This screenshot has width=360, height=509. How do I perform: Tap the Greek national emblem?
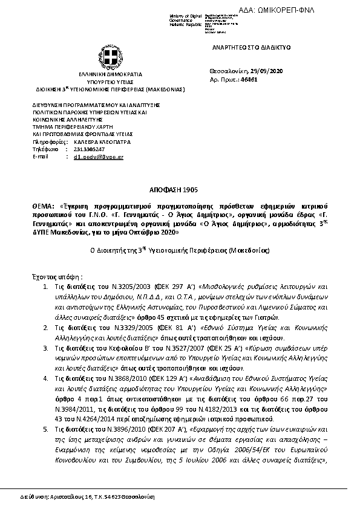click(110, 59)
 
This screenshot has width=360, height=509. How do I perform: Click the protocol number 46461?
click(249, 79)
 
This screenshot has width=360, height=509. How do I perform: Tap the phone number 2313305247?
click(89, 149)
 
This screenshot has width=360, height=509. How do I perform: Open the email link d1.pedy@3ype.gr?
click(98, 156)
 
